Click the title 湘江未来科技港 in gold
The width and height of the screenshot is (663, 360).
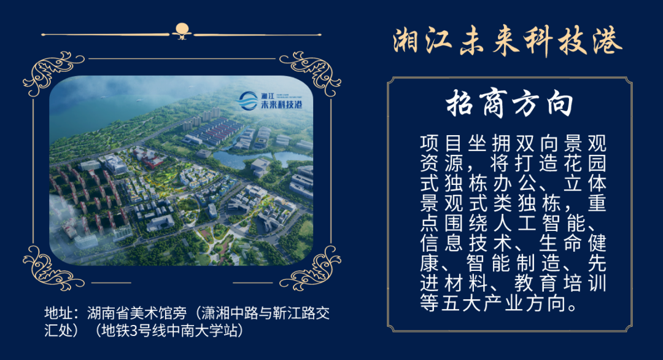508,42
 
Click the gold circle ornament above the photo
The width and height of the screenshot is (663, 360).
182,28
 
